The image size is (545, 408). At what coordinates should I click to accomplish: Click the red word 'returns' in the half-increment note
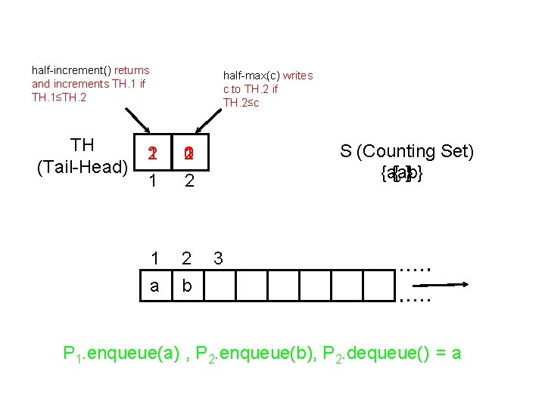132,70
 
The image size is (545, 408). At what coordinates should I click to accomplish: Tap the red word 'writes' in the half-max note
297,76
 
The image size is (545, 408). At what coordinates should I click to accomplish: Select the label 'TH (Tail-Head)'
82,156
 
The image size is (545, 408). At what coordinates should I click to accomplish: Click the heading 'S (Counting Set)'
407,152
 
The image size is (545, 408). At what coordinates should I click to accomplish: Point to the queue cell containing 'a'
154,286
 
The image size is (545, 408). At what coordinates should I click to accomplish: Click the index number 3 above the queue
218,258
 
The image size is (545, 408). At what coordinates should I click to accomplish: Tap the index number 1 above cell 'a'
154,258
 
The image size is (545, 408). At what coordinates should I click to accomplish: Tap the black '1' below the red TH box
153,181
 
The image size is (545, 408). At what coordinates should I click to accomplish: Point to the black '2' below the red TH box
189,181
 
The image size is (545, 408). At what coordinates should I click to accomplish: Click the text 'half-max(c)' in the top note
249,76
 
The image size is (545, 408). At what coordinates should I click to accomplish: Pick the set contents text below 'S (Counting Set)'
402,174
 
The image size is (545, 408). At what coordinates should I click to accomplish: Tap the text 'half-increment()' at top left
72,70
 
